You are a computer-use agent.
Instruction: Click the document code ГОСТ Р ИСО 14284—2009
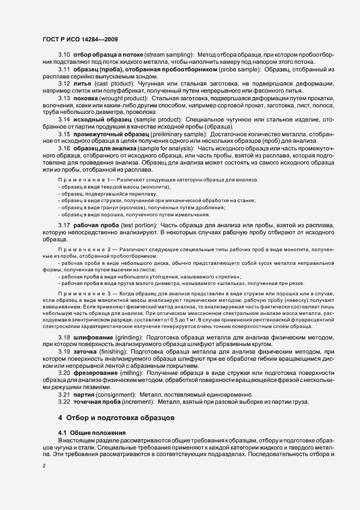[x=80, y=39]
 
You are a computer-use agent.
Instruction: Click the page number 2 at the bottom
[x=44, y=466]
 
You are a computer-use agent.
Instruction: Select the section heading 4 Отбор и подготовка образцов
[x=117, y=418]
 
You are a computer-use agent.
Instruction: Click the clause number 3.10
[x=64, y=56]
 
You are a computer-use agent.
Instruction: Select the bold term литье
[x=82, y=83]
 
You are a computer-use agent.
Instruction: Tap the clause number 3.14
[x=64, y=119]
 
